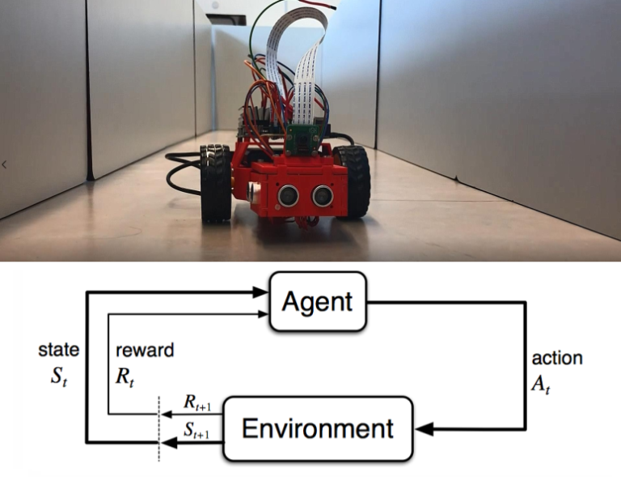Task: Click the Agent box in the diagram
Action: pos(317,302)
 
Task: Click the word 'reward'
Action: pos(145,350)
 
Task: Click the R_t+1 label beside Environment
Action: pos(196,403)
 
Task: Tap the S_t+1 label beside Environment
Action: pos(196,432)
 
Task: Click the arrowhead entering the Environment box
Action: pos(424,428)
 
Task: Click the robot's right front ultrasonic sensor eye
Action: pos(322,194)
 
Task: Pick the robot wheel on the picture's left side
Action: pos(216,182)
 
